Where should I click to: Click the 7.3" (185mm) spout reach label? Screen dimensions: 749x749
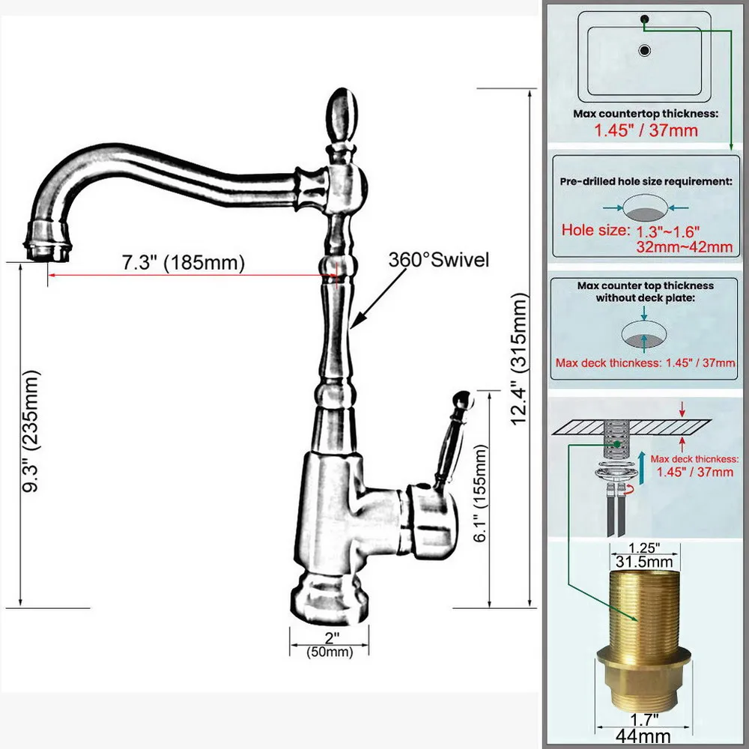point(183,263)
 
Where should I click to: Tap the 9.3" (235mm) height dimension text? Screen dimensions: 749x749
point(31,431)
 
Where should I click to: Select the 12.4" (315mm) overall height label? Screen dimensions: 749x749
point(520,360)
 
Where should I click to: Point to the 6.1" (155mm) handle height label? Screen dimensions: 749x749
point(481,494)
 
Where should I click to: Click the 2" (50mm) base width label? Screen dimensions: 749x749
point(330,644)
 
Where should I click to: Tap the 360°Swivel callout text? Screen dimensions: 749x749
point(438,260)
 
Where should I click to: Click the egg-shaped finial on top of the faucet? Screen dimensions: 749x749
point(342,115)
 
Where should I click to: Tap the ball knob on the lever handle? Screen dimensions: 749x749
point(462,400)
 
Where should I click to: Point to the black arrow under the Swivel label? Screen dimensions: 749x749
point(377,299)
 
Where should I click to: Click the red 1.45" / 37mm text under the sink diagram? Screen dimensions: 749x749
point(646,130)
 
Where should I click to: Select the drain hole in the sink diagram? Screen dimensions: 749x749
point(645,50)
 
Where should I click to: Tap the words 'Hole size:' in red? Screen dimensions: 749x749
point(595,230)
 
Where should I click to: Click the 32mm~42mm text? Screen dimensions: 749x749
point(684,247)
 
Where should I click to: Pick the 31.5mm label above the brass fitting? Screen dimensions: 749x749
point(644,562)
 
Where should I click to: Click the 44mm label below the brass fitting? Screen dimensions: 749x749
point(643,736)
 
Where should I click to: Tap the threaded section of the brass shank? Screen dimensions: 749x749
point(645,608)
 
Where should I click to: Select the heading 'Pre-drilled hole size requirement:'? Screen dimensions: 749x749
point(646,181)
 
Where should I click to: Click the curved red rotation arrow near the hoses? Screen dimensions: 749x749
point(631,488)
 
